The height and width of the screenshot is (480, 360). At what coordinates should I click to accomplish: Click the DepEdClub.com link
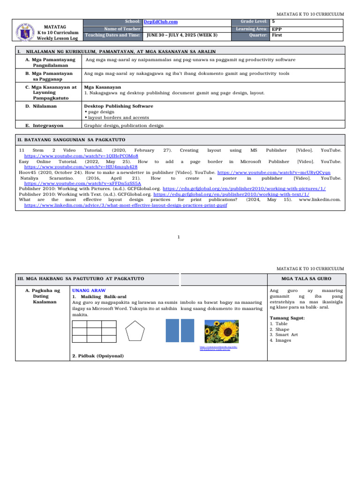pos(160,22)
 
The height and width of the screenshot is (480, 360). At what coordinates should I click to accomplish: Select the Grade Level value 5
pos(273,22)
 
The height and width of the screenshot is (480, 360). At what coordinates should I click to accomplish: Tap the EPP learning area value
pos(277,29)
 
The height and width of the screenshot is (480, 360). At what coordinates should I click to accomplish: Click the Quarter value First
pos(277,35)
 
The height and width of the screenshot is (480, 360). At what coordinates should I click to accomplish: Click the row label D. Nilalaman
pos(41,106)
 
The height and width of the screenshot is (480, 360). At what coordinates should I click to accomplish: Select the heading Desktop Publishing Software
pos(118,106)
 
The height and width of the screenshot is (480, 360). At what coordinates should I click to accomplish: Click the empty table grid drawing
pos(94,331)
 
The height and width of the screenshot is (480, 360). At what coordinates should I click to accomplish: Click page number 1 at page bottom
pos(180,238)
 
